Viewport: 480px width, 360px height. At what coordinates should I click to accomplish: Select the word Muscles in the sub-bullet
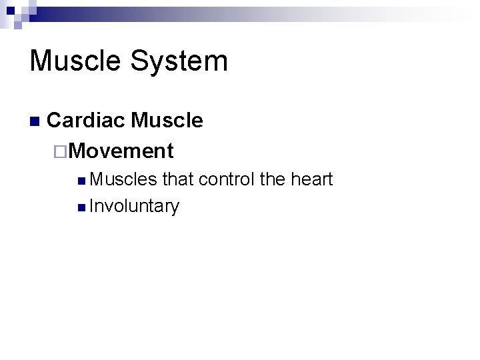click(123, 179)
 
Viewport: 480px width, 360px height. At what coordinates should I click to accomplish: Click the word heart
click(313, 179)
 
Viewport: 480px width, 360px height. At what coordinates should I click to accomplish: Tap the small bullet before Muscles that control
click(81, 181)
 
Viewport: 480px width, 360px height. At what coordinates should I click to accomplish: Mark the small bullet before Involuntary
click(81, 208)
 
